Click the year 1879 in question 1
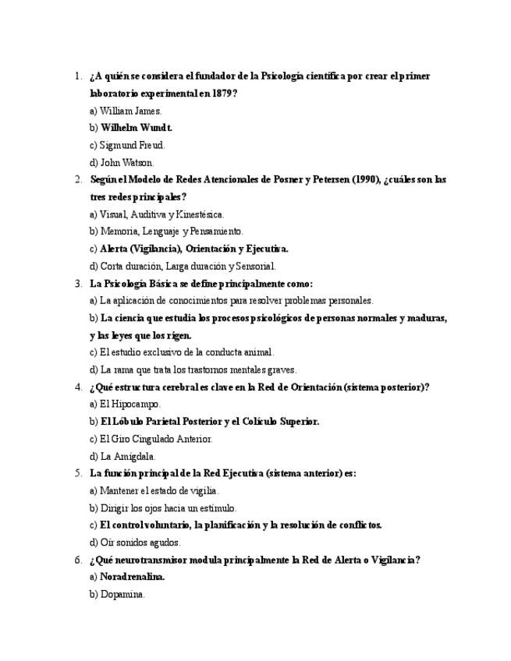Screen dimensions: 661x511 click(223, 94)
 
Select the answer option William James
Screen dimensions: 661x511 click(130, 111)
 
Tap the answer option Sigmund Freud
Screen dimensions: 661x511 click(132, 145)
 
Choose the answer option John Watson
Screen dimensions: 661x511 click(126, 163)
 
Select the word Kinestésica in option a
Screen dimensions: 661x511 click(200, 214)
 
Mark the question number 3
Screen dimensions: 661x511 click(78, 284)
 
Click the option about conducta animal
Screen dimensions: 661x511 click(186, 352)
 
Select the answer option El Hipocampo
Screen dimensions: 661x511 click(130, 405)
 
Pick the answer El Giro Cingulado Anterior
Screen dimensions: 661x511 click(156, 439)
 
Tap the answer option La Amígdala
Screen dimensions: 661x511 click(127, 457)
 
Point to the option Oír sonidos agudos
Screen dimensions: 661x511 click(140, 543)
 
